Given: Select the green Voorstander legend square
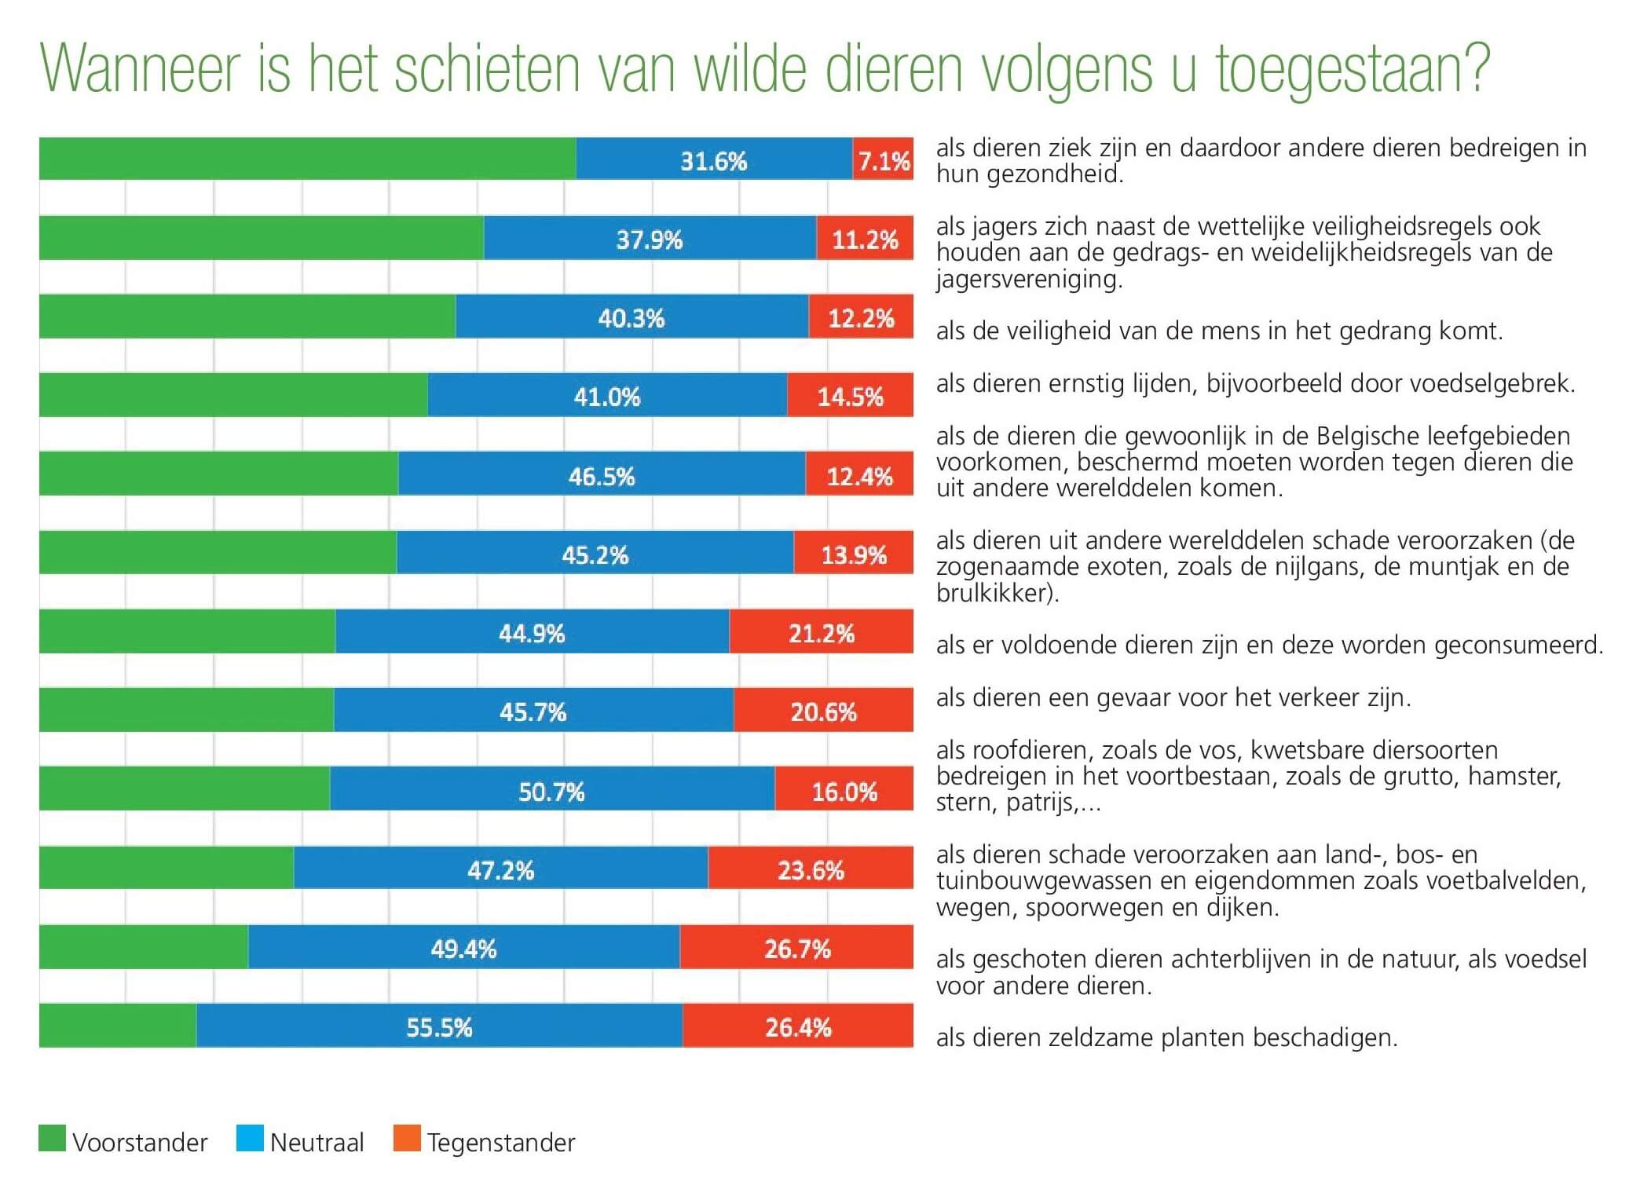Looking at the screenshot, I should (53, 1139).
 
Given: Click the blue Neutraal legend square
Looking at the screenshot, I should (250, 1139).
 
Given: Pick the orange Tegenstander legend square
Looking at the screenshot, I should (407, 1139).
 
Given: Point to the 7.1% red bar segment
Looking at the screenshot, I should (883, 159).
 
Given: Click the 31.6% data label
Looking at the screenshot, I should (713, 161).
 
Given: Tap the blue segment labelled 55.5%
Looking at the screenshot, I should (439, 1026).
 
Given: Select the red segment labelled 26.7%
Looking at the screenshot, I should (796, 947).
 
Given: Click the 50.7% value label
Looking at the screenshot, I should (551, 791).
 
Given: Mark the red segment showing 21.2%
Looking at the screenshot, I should (821, 632).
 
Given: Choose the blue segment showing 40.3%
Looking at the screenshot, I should (631, 317).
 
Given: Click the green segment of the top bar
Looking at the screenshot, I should (307, 159).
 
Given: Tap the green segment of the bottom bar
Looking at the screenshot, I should (117, 1026).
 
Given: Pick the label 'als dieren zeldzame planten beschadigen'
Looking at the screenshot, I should (1166, 1038).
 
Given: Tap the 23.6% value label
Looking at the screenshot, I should (811, 869).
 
